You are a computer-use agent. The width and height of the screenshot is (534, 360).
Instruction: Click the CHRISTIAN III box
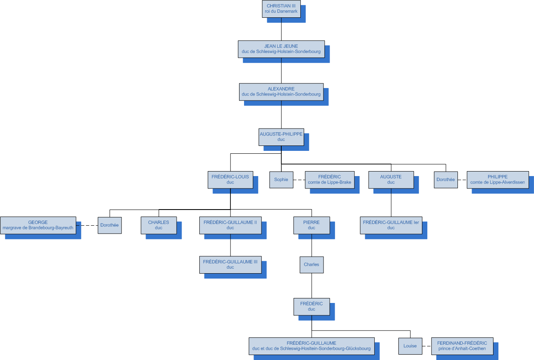pyautogui.click(x=281, y=9)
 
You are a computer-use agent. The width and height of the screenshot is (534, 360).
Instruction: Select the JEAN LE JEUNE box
pyautogui.click(x=281, y=49)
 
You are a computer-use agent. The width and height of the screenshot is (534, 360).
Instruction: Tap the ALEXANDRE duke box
pyautogui.click(x=281, y=92)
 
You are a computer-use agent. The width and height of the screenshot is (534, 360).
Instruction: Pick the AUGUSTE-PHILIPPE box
pyautogui.click(x=281, y=137)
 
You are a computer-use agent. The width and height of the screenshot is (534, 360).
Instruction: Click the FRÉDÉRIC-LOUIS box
pyautogui.click(x=230, y=180)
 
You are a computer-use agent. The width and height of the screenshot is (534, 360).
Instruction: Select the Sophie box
pyautogui.click(x=281, y=180)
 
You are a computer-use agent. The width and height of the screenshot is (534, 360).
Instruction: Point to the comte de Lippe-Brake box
pyautogui.click(x=330, y=180)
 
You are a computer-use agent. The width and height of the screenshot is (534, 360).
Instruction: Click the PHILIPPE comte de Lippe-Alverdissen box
pyautogui.click(x=498, y=180)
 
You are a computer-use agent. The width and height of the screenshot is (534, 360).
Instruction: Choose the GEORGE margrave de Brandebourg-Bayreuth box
pyautogui.click(x=38, y=225)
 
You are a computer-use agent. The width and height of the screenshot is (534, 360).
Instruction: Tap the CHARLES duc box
pyautogui.click(x=159, y=225)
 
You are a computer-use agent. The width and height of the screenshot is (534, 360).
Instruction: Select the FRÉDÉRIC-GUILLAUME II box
pyautogui.click(x=230, y=225)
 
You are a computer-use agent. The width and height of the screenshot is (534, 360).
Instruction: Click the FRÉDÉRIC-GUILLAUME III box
pyautogui.click(x=230, y=265)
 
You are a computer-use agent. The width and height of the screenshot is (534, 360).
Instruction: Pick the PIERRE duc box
pyautogui.click(x=311, y=225)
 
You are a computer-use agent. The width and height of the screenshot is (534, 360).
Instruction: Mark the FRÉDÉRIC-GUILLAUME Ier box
pyautogui.click(x=391, y=225)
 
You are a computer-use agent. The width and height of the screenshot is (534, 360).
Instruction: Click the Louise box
pyautogui.click(x=410, y=346)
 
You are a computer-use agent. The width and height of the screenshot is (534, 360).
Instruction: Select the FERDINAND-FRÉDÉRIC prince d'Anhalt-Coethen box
pyautogui.click(x=462, y=346)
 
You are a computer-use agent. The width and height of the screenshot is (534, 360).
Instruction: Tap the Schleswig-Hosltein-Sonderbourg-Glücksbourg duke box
pyautogui.click(x=311, y=346)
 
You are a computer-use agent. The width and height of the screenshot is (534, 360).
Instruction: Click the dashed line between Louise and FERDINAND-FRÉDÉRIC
pyautogui.click(x=427, y=346)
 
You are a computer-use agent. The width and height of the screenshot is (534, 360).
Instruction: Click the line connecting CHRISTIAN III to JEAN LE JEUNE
pyautogui.click(x=281, y=29)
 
